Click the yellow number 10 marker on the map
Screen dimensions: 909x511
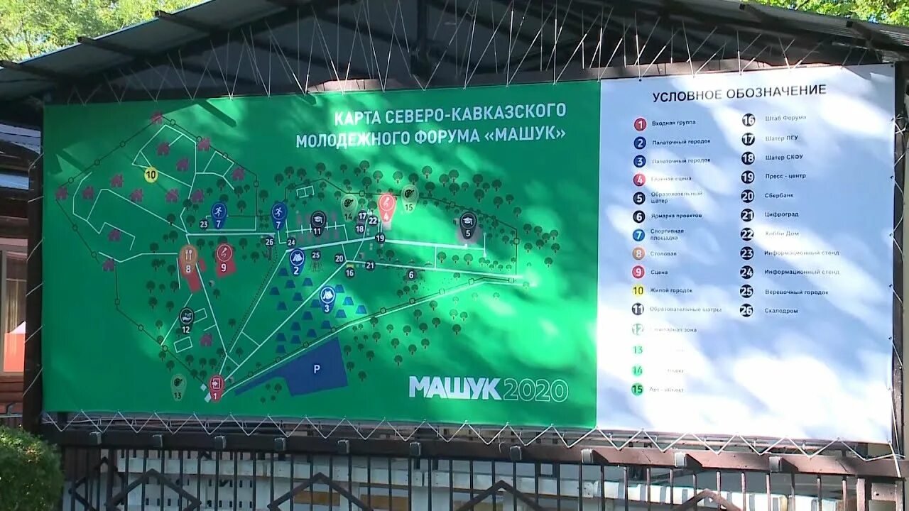(x=151, y=175)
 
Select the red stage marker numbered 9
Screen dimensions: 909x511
(x=224, y=253)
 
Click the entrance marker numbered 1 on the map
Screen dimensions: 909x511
(x=216, y=386)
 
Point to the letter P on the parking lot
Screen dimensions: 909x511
(x=317, y=368)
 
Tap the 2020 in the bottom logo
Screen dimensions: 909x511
(x=535, y=390)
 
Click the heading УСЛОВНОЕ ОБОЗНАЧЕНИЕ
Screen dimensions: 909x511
(x=739, y=92)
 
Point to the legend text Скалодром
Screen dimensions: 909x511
(x=781, y=311)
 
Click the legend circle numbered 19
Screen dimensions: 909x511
(x=747, y=177)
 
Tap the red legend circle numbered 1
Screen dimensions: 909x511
(x=640, y=123)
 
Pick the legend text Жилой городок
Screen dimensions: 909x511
(x=671, y=290)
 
